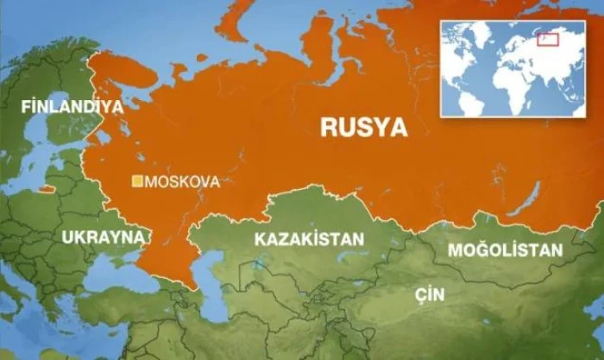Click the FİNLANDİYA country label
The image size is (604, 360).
pyautogui.click(x=72, y=107)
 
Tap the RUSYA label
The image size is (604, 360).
pyautogui.click(x=363, y=128)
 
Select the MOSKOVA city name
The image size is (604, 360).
pyautogui.click(x=182, y=182)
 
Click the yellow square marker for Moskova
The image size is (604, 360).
pyautogui.click(x=137, y=181)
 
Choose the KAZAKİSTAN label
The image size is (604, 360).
pyautogui.click(x=309, y=239)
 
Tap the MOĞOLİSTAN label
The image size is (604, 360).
pyautogui.click(x=505, y=249)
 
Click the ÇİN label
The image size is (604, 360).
pyautogui.click(x=429, y=294)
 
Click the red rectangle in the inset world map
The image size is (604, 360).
pyautogui.click(x=548, y=38)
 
